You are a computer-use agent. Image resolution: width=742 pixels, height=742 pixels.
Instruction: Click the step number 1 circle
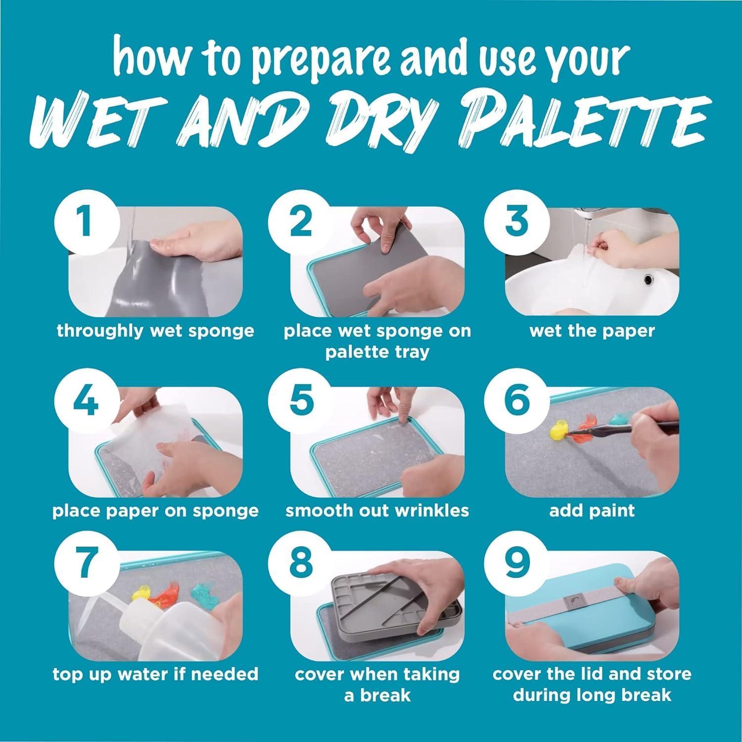86,222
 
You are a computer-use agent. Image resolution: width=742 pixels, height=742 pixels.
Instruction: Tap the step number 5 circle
301,400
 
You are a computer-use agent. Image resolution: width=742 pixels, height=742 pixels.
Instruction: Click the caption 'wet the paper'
592,330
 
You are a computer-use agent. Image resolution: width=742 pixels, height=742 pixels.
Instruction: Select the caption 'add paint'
592,510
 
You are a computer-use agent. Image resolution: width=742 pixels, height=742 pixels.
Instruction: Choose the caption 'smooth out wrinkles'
377,510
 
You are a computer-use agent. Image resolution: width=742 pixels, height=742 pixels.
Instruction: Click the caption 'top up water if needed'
155,674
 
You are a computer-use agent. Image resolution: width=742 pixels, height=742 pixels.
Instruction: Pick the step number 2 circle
301,222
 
